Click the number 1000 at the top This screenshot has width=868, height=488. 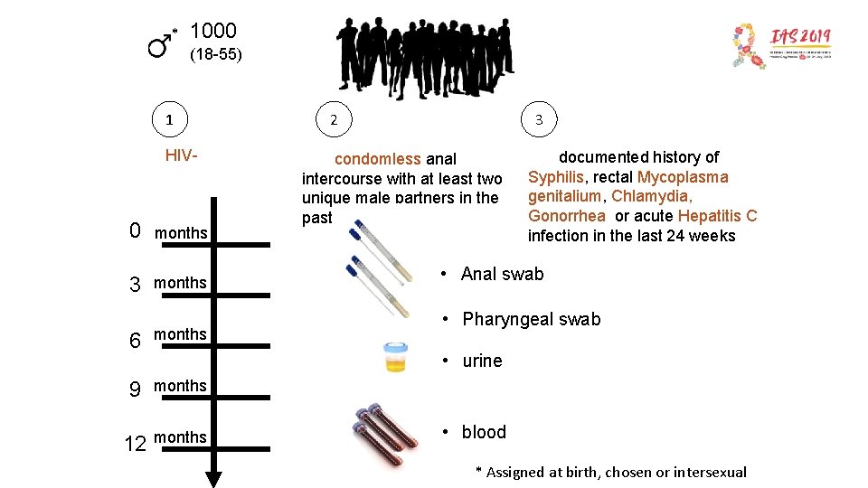[x=213, y=33]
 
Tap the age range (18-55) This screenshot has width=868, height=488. [x=215, y=55]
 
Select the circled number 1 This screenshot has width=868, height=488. [x=170, y=119]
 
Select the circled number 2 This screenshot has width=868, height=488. [x=334, y=119]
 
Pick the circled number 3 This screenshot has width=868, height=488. [x=539, y=119]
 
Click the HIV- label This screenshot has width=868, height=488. [x=181, y=155]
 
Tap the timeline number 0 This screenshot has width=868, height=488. [x=135, y=231]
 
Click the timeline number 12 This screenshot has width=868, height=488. [x=135, y=444]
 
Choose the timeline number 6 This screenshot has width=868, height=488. [x=135, y=341]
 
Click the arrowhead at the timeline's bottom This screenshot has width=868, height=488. [x=214, y=478]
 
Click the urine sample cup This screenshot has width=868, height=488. [x=396, y=358]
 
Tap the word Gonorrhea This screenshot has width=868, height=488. [x=567, y=216]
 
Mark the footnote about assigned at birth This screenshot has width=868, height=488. [x=611, y=472]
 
